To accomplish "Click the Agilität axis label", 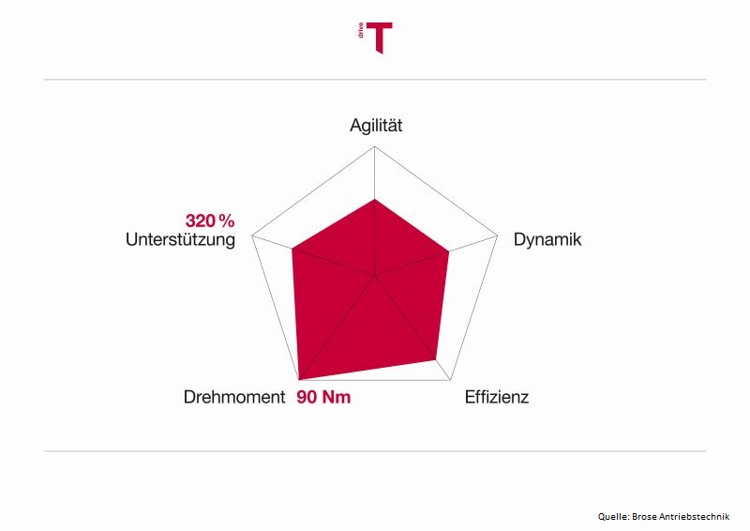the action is point(376,126).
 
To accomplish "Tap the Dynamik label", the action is point(547,239).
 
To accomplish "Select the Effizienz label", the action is point(497,397).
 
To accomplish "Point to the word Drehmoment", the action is point(233,397).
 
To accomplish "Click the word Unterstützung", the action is point(180,239).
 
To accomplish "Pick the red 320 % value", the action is point(210,220).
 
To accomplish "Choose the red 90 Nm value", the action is point(323,397).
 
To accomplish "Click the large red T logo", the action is point(380,38).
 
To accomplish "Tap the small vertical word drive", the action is point(361,31).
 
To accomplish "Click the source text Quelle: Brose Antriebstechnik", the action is point(664,516).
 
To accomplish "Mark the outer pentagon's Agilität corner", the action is point(374,146).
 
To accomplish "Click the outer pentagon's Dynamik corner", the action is point(498,235).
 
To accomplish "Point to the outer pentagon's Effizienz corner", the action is point(451,381).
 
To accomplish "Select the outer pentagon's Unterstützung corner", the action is point(251,235).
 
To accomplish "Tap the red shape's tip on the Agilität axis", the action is point(374,199).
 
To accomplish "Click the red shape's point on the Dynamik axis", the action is point(449,250).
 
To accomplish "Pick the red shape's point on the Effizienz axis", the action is point(436,360).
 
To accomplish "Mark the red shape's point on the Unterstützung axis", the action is point(292,249).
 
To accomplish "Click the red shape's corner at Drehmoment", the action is point(299,380).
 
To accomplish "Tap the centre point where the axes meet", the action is point(374,276).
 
